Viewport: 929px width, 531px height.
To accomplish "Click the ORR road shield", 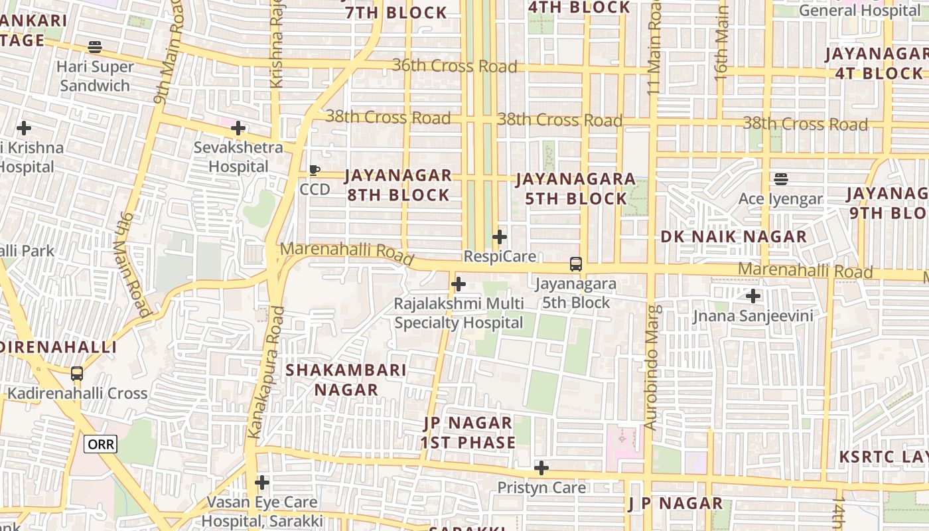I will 100,444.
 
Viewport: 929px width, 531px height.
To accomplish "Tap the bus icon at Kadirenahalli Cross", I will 77,374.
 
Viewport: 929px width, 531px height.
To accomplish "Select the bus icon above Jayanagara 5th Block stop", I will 575,264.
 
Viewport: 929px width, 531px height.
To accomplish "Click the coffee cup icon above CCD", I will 315,171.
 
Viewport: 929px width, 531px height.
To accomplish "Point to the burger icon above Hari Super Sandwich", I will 95,47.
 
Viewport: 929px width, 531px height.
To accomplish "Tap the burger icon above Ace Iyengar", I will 780,179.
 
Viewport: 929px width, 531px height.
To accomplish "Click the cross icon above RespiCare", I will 500,236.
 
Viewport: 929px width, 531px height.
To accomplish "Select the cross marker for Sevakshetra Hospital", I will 238,128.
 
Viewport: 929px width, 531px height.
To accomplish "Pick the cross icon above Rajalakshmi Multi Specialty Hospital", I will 458,285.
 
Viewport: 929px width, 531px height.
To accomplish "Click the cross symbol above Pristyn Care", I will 541,468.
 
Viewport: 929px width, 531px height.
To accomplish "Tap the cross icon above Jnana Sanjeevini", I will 752,296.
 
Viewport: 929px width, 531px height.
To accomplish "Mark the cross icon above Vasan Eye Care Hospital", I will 262,482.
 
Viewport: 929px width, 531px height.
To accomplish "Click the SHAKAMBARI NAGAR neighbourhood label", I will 346,380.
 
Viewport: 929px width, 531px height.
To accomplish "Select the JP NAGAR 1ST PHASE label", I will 468,433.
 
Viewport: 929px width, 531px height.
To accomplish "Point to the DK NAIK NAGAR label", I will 734,237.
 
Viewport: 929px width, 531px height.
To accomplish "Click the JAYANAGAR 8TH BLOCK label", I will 397,185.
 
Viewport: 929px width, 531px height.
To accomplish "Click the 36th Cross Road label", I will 455,66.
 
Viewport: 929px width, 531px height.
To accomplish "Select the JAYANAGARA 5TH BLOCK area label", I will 576,189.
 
